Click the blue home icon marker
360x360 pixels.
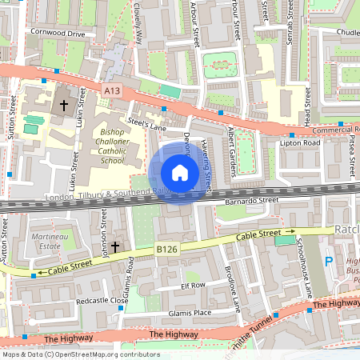coord(179,173)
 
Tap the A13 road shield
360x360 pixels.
coord(112,92)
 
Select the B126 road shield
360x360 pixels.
coord(166,250)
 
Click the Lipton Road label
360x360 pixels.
coord(300,142)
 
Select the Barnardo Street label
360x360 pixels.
coord(251,201)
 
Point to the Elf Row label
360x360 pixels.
coord(194,285)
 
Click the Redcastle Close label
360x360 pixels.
coord(101,301)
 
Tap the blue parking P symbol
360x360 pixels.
coord(328,262)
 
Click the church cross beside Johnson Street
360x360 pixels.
coord(114,247)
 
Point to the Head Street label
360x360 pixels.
coord(306,104)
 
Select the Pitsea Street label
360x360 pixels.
coord(351,156)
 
